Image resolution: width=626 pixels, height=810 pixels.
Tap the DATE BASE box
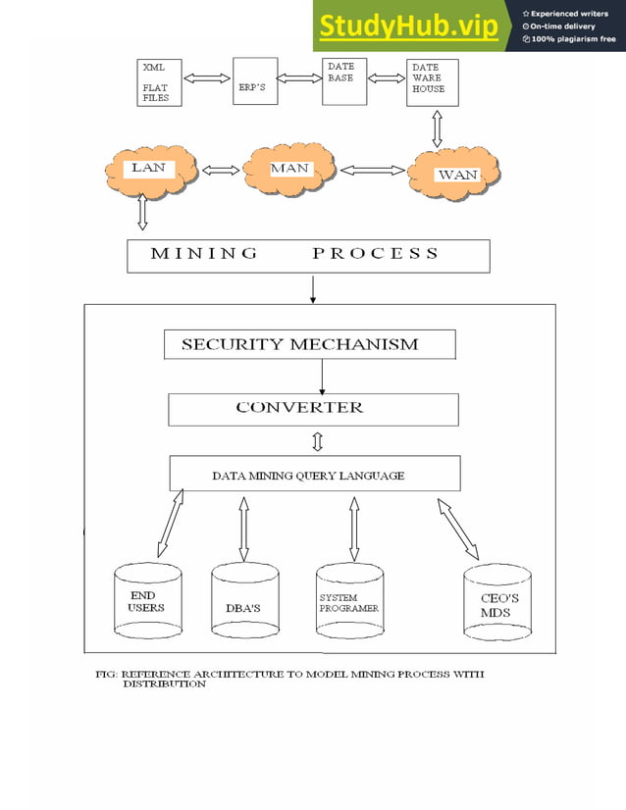click(343, 81)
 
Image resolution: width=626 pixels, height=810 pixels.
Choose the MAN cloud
click(290, 169)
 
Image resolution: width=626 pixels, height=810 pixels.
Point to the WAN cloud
click(456, 175)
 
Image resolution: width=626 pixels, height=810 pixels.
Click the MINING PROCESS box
click(308, 254)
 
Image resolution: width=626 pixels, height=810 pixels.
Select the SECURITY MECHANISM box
click(308, 344)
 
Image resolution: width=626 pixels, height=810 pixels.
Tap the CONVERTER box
click(313, 409)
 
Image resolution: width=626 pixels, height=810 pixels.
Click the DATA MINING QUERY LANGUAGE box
click(315, 475)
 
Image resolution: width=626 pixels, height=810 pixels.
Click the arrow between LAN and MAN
click(220, 170)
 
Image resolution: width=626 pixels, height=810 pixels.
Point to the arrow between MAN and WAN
click(372, 170)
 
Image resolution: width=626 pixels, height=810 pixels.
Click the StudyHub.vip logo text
click(408, 26)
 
